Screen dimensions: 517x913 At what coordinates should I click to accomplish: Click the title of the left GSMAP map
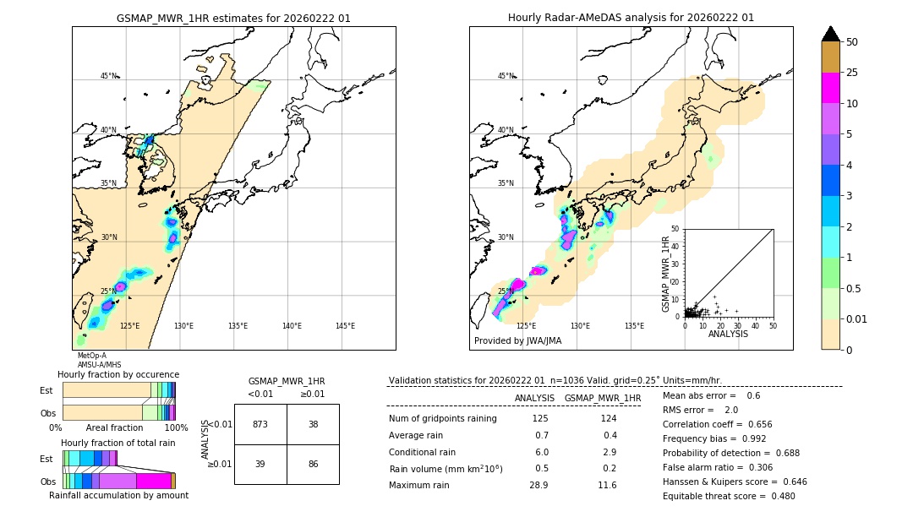click(x=233, y=18)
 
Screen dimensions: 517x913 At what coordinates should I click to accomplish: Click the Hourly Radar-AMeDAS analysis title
click(x=631, y=18)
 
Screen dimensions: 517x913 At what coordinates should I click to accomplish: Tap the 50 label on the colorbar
click(x=852, y=42)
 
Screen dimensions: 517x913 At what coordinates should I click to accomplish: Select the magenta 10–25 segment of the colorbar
click(x=831, y=88)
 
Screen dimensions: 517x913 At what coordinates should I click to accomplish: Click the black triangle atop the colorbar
click(x=831, y=34)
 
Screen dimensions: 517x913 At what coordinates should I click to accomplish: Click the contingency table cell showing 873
click(x=260, y=424)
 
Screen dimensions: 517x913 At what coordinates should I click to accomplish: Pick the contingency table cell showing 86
click(x=313, y=465)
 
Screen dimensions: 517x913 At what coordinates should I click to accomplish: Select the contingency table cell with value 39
click(x=260, y=465)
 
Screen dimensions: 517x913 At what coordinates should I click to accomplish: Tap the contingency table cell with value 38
click(x=313, y=424)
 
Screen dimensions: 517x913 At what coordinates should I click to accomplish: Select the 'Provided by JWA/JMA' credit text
click(x=517, y=341)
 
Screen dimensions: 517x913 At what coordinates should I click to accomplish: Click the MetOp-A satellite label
click(x=92, y=356)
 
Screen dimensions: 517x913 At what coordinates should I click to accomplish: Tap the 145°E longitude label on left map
click(x=345, y=326)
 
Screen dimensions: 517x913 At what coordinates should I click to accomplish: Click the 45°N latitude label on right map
click(x=506, y=76)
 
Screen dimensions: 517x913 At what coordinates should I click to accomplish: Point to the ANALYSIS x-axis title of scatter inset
click(x=728, y=334)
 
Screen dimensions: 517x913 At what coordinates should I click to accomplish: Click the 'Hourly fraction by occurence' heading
click(x=118, y=374)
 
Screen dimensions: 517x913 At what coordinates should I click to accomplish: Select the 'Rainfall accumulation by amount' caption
click(x=118, y=495)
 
